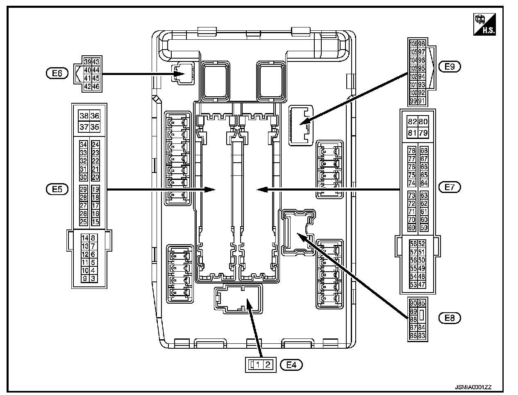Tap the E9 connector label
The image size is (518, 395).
pyautogui.click(x=450, y=66)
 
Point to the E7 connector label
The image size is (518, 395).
pyautogui.click(x=450, y=187)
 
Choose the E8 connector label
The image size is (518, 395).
pyautogui.click(x=450, y=318)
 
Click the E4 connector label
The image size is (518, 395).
pyautogui.click(x=291, y=364)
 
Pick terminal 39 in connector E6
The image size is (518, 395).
pyautogui.click(x=87, y=62)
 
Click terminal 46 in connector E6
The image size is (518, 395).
pyautogui.click(x=95, y=86)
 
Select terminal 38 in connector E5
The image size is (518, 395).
pyautogui.click(x=84, y=116)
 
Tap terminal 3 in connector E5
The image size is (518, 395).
pyautogui.click(x=93, y=279)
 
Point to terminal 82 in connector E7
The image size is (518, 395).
pyautogui.click(x=412, y=121)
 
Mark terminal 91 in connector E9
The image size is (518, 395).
pyautogui.click(x=422, y=101)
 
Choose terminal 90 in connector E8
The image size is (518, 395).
pyautogui.click(x=413, y=303)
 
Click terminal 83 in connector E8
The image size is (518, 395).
pyautogui.click(x=422, y=336)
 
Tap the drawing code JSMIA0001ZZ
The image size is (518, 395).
pyautogui.click(x=473, y=387)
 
